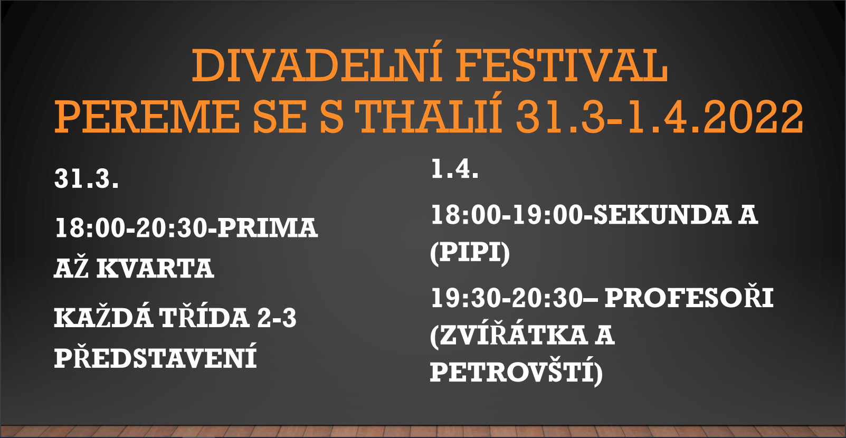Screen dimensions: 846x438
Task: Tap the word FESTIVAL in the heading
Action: coord(562,66)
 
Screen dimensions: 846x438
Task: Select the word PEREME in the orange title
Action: coord(147,116)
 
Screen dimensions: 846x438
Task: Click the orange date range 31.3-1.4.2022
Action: coord(660,116)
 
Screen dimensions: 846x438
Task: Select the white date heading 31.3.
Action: coord(87,178)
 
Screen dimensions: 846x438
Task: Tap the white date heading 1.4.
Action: coord(455,168)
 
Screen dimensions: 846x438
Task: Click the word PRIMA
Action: coord(268,227)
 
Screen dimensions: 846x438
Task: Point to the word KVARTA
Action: coord(155,269)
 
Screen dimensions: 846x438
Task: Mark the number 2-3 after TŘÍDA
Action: coord(277,318)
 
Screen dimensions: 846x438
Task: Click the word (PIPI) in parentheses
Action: coord(470,252)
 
